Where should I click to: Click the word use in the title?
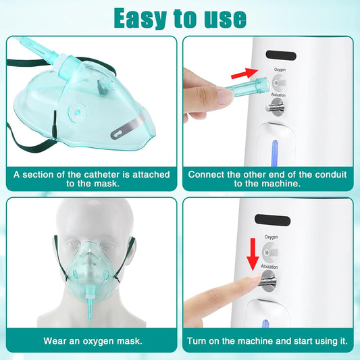click(x=224, y=18)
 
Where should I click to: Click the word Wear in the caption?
click(x=55, y=340)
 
